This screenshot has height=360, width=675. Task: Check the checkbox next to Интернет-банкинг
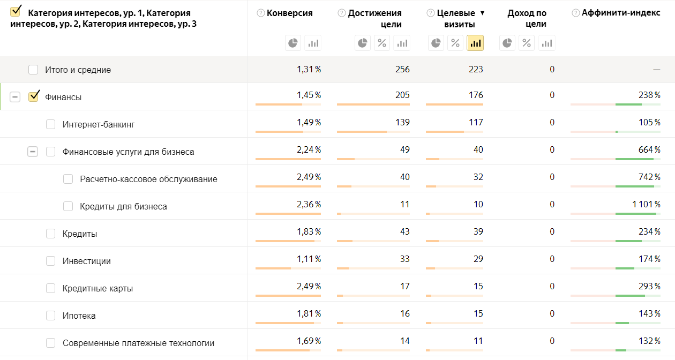pyautogui.click(x=51, y=124)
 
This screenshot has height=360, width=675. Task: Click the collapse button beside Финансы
pyautogui.click(x=15, y=97)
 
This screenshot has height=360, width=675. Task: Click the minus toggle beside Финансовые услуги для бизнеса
pyautogui.click(x=33, y=152)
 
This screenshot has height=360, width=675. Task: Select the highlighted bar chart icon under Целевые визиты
pyautogui.click(x=475, y=43)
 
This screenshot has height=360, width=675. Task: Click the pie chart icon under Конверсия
pyautogui.click(x=293, y=43)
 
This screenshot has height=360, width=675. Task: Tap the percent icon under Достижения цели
pyautogui.click(x=382, y=43)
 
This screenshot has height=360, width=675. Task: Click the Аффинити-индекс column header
pyautogui.click(x=621, y=13)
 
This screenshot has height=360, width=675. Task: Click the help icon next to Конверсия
pyautogui.click(x=261, y=13)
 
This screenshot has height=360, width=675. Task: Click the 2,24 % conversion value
pyautogui.click(x=309, y=149)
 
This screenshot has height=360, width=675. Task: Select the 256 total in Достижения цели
pyautogui.click(x=402, y=69)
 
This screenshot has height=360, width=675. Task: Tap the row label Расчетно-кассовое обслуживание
pyautogui.click(x=148, y=179)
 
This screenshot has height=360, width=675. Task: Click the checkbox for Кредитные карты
pyautogui.click(x=51, y=288)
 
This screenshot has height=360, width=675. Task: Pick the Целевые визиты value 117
pyautogui.click(x=476, y=122)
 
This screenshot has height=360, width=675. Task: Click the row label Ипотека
pyautogui.click(x=79, y=316)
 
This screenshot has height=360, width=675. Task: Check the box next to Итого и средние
pyautogui.click(x=33, y=70)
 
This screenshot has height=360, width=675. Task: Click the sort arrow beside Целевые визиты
pyautogui.click(x=482, y=13)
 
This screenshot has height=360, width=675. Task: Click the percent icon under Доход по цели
pyautogui.click(x=527, y=43)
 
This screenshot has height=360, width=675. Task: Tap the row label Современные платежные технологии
pyautogui.click(x=138, y=343)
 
